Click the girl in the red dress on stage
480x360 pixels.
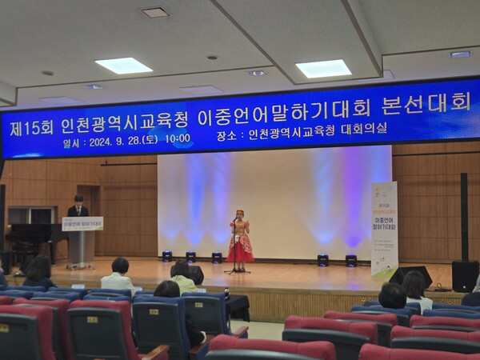pyautogui.click(x=239, y=240)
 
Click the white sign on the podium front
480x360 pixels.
pyautogui.click(x=82, y=224)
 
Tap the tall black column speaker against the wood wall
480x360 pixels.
pyautogui.click(x=464, y=216)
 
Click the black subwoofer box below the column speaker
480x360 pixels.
pyautogui.click(x=465, y=275)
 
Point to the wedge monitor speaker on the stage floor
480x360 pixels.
pyautogui.click(x=410, y=274)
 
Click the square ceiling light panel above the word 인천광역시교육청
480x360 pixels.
pyautogui.click(x=123, y=66)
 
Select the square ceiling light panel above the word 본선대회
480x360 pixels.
pyautogui.click(x=323, y=69)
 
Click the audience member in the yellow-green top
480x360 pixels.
pyautogui.click(x=182, y=276)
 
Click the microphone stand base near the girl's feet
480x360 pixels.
pyautogui.click(x=237, y=271)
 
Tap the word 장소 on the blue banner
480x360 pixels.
pyautogui.click(x=227, y=136)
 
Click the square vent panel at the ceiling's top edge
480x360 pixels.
pyautogui.click(x=155, y=12)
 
